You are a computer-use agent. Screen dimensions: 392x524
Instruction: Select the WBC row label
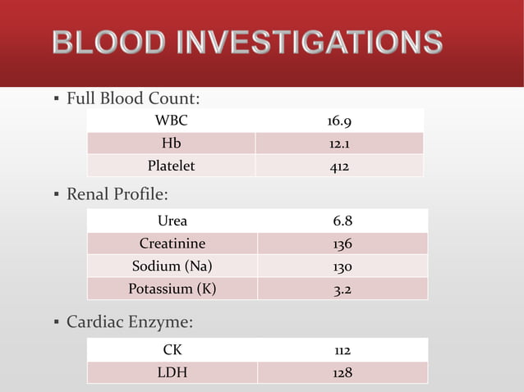(x=172, y=122)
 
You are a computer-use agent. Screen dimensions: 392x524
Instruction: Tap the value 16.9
(x=339, y=122)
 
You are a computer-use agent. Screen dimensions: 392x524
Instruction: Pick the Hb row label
(x=172, y=144)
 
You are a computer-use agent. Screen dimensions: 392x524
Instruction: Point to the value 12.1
(x=339, y=144)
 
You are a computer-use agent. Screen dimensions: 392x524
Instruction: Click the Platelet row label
(x=171, y=166)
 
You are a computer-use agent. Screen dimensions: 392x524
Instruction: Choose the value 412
(x=339, y=166)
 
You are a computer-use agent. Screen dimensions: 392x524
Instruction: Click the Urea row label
(x=172, y=221)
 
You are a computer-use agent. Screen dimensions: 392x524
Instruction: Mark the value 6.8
(x=343, y=221)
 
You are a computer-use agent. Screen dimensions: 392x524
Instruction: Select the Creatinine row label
(x=172, y=244)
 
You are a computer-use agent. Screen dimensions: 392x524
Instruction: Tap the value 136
(x=343, y=244)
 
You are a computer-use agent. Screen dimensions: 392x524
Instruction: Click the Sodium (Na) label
(x=172, y=267)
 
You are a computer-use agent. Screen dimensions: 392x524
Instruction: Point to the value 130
(x=343, y=267)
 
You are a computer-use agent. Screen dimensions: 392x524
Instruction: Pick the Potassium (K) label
(x=172, y=289)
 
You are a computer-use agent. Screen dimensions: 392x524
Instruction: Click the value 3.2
(x=343, y=289)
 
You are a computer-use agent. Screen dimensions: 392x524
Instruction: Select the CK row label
(x=172, y=350)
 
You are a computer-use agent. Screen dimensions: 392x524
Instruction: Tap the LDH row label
(x=172, y=373)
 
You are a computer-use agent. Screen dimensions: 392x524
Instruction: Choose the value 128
(x=343, y=373)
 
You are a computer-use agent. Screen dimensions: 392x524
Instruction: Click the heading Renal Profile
(x=117, y=195)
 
